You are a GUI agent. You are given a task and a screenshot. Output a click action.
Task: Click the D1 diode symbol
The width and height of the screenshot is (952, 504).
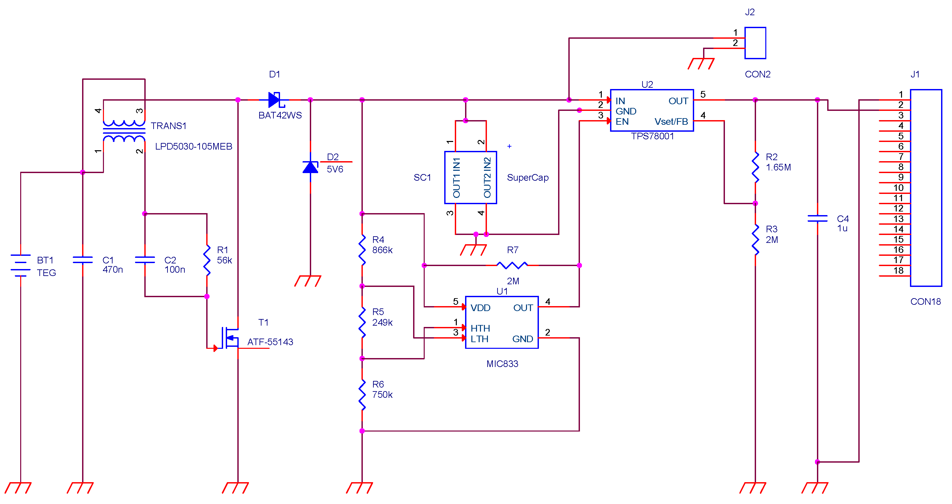point(275,100)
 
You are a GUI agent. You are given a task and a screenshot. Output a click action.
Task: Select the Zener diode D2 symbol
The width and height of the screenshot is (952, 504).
point(310,167)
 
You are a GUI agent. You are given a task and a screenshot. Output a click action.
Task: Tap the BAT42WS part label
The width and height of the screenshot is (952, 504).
point(280,115)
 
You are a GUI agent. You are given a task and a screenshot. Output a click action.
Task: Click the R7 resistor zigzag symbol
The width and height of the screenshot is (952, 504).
point(512,265)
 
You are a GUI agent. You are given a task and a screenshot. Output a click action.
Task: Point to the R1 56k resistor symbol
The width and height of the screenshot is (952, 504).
point(207,260)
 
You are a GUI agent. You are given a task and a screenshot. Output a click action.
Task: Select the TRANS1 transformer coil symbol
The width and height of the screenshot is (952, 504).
point(124,131)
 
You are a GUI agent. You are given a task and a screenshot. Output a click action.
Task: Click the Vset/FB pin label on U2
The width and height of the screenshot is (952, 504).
point(671,121)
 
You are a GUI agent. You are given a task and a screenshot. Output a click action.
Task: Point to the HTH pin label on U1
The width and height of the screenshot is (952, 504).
point(480,328)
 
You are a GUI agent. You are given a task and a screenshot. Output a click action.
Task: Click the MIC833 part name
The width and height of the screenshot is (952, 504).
point(502,364)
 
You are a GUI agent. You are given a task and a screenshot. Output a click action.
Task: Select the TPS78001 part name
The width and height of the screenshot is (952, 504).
point(652,136)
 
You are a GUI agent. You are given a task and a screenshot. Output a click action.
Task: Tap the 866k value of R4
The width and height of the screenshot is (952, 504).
point(382,250)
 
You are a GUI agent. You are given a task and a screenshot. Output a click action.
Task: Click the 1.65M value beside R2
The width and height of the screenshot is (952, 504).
point(778,167)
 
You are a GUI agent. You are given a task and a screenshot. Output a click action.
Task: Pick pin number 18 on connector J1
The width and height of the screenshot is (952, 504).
point(898,270)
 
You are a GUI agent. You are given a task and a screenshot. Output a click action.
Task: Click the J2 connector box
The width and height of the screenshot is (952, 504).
point(755,43)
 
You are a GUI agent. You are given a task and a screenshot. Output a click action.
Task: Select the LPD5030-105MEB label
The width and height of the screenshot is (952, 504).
point(193,146)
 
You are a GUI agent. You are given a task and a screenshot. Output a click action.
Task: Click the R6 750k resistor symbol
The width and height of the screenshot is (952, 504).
point(362,394)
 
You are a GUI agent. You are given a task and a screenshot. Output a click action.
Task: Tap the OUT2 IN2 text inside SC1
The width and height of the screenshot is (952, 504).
point(487,177)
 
